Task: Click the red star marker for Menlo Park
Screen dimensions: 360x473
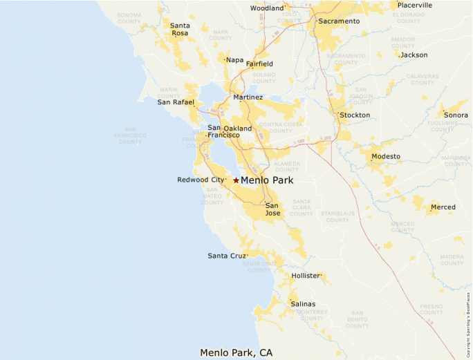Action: point(236,180)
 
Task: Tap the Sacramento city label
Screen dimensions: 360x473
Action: point(339,21)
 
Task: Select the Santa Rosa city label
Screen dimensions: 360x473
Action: point(180,30)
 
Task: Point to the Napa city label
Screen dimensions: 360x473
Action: point(234,60)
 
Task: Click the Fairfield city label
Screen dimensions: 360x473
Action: point(259,64)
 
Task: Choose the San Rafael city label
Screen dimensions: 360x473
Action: point(176,102)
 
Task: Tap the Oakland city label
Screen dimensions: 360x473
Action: point(238,129)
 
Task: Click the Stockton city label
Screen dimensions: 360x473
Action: point(355,115)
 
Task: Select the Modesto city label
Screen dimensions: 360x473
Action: point(386,156)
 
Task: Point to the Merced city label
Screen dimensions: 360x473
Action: point(443,207)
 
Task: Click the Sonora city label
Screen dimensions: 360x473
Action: point(456,115)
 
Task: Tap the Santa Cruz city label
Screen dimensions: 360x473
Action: point(227,256)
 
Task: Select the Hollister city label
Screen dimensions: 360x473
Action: point(306,276)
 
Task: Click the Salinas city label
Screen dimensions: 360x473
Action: point(303,304)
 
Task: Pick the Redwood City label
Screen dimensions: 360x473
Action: point(201,180)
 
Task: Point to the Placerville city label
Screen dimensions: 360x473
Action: point(415,5)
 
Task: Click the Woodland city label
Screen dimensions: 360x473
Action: point(267,8)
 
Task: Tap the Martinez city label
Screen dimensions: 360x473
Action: point(248,97)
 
